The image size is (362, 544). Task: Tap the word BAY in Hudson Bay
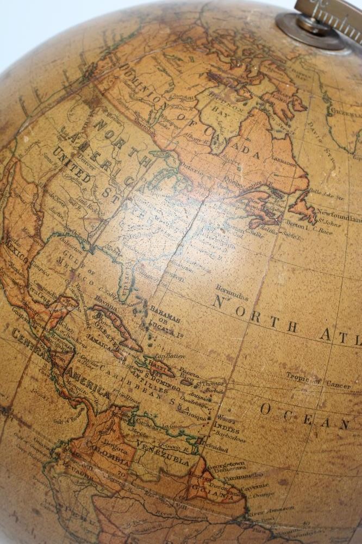[232, 109]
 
